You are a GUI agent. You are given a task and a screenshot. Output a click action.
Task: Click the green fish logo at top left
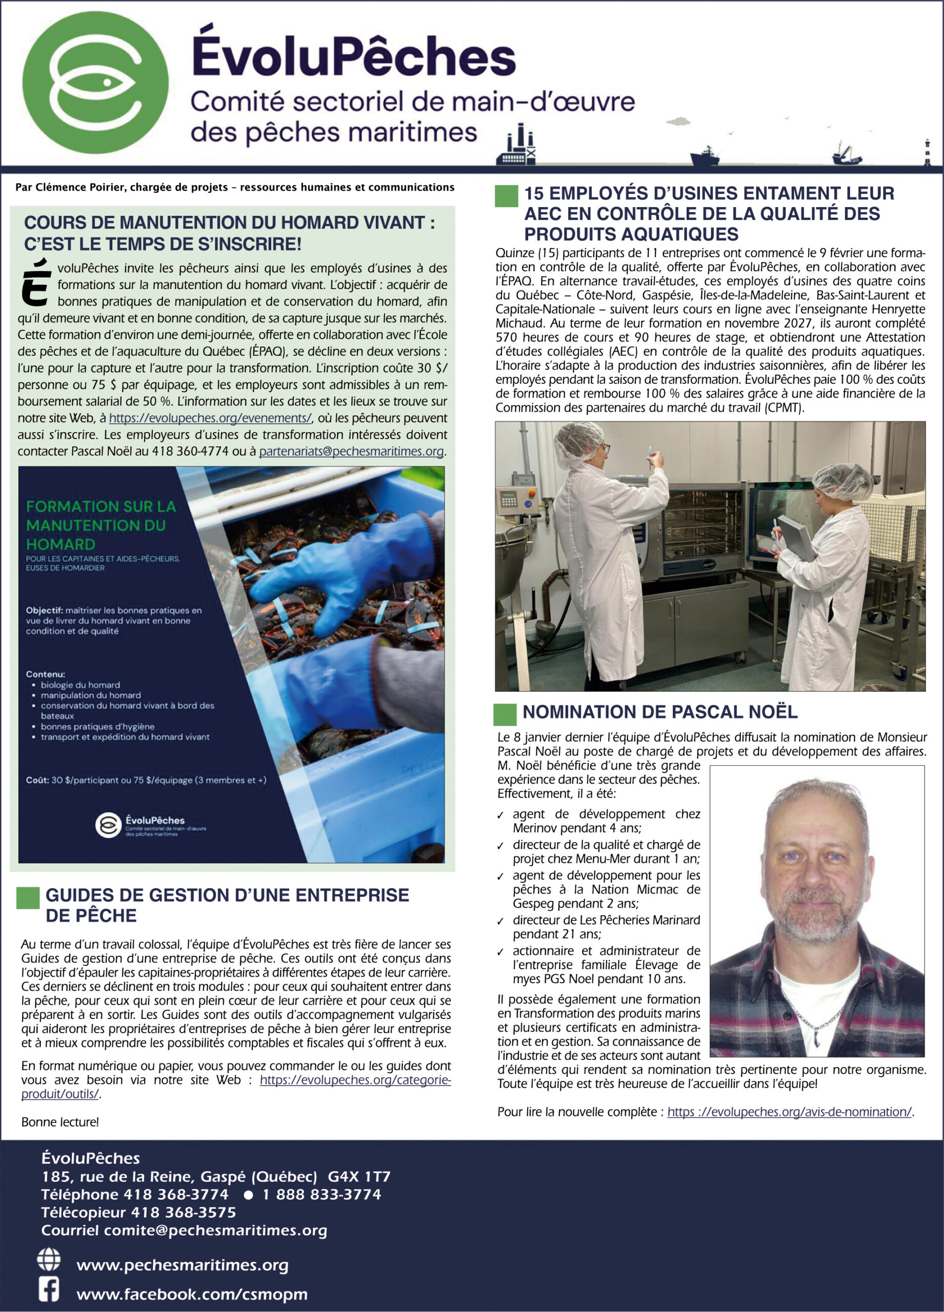point(95,82)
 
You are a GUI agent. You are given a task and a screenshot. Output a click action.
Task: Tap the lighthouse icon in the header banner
point(927,152)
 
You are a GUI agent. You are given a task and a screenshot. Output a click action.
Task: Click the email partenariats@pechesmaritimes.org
point(351,451)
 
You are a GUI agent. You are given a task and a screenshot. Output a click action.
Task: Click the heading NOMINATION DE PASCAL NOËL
point(660,712)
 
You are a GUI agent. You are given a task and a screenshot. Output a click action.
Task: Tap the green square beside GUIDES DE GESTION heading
point(28,897)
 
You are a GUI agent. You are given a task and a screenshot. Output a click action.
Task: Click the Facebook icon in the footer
point(49,1289)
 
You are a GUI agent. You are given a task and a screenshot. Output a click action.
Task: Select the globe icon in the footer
point(49,1259)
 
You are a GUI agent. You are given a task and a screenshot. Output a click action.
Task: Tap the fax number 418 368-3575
point(184,1213)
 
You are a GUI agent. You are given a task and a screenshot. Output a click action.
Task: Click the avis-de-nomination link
point(790,1112)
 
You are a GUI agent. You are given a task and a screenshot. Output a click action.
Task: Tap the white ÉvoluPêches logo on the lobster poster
point(108,826)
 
